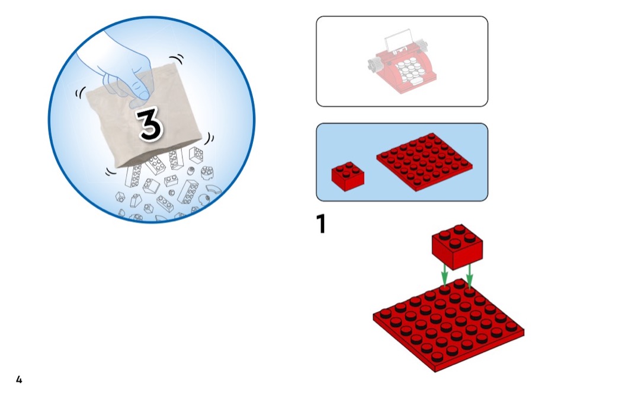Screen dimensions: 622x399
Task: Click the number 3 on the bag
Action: pos(150,124)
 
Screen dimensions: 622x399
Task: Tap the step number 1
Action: pos(321,224)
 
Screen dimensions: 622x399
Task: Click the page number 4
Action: pos(19,379)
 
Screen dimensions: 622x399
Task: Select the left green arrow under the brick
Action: pos(445,274)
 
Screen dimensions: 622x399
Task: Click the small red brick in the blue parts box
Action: pos(348,176)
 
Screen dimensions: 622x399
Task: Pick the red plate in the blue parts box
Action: pos(425,162)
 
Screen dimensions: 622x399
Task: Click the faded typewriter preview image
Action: pos(402,62)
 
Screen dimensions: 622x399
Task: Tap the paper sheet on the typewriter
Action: pos(398,40)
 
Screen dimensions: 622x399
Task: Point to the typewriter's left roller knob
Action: pos(373,65)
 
